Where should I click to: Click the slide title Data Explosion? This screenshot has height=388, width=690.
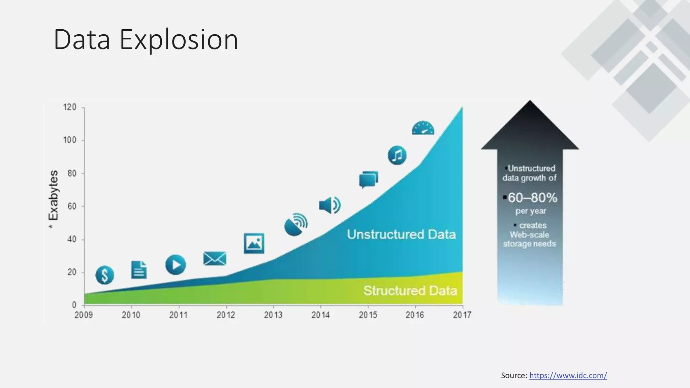[146, 40]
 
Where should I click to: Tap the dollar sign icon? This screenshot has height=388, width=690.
[105, 275]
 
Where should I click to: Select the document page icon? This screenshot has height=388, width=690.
[139, 270]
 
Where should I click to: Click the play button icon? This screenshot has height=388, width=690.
[176, 265]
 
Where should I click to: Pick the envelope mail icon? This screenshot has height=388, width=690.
[215, 259]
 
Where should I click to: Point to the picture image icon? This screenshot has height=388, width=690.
[254, 243]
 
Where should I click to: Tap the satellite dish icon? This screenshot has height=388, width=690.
[296, 224]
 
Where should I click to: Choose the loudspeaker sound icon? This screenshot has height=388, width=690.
[330, 205]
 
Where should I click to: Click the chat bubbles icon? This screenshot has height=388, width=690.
[368, 180]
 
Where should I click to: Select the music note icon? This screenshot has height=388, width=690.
[397, 155]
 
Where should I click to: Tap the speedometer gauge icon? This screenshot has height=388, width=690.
[423, 128]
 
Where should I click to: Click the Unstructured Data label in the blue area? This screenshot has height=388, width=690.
[401, 234]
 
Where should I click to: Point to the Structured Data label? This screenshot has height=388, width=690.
[410, 291]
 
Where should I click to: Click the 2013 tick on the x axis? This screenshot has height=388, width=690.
[273, 315]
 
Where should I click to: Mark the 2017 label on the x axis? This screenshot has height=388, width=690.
[462, 315]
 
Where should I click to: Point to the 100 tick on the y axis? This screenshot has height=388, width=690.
[70, 140]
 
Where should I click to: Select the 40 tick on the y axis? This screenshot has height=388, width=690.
[72, 239]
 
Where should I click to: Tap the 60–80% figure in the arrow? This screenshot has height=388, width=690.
[532, 198]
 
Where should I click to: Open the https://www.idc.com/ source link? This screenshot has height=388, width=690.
[568, 376]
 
